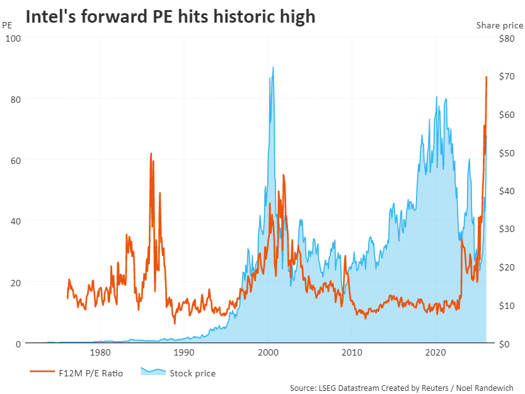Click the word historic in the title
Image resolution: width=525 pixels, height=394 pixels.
pos(231,17)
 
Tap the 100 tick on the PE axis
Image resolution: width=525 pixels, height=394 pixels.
pos(14,38)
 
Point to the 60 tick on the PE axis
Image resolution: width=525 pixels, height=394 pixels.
pos(14,160)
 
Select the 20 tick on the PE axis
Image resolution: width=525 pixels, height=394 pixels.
pos(14,282)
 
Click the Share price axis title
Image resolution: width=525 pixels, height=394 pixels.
pos(499,25)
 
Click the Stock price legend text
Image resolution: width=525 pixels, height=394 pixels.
pos(192,373)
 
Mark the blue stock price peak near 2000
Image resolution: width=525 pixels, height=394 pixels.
pos(273,67)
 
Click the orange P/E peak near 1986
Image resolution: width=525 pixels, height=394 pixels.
pos(151,153)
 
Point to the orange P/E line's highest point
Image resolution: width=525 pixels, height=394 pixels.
pos(486,77)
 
